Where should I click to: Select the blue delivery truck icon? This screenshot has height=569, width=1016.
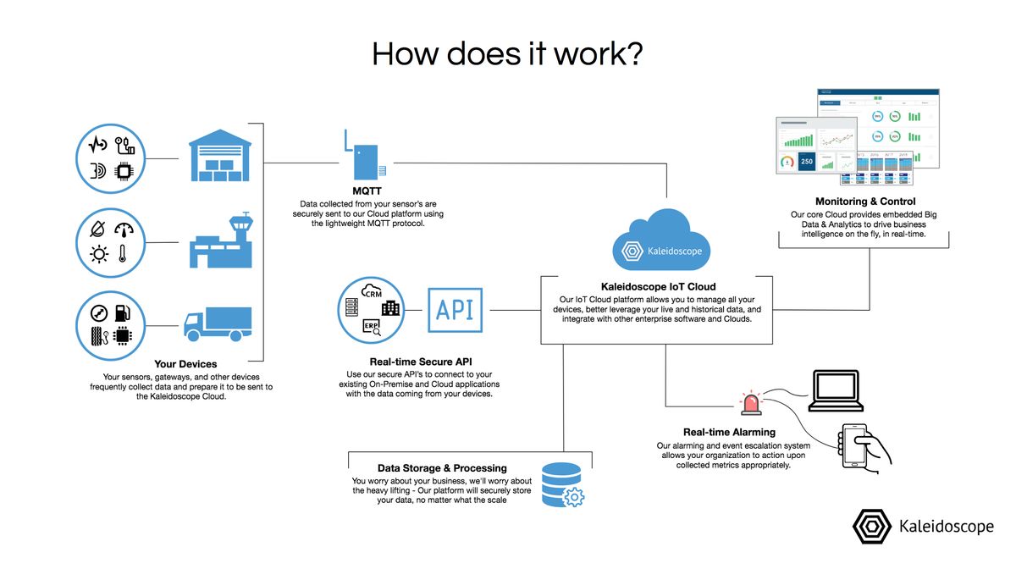[x=218, y=323]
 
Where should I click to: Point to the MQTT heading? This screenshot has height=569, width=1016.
[x=367, y=191]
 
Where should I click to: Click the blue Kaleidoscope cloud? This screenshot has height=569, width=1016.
[x=662, y=241]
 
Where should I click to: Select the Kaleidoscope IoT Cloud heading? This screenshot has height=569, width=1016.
[x=658, y=288]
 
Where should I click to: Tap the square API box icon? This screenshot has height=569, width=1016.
[x=455, y=311]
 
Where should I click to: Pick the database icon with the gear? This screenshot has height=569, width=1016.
[x=562, y=484]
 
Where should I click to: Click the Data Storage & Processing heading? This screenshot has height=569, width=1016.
[x=442, y=468]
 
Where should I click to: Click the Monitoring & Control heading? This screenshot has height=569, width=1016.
[x=864, y=202]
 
